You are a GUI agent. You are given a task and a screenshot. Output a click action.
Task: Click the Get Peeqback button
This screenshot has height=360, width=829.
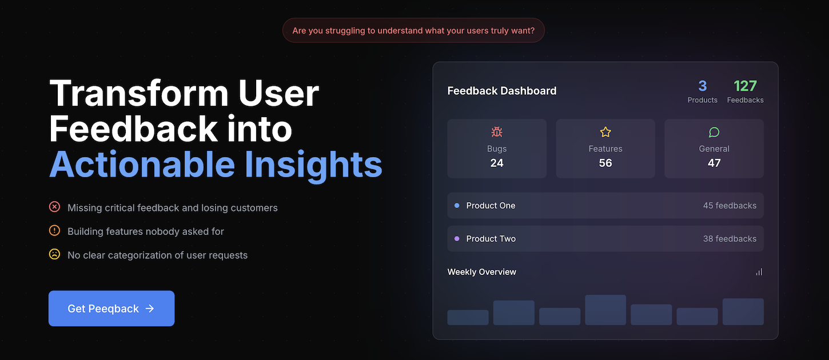[111, 309]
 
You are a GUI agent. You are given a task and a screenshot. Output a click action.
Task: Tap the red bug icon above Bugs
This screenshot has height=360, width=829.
[497, 132]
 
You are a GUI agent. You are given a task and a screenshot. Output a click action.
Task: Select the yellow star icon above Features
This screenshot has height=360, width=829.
[605, 132]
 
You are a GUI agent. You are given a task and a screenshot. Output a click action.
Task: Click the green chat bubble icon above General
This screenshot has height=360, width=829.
[714, 132]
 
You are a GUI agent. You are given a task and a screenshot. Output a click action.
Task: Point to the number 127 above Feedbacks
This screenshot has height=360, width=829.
[745, 86]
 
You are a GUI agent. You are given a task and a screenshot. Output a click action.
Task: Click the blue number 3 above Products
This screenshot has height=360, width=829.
[702, 86]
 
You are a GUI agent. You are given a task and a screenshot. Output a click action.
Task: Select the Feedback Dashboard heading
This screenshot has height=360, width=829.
[501, 91]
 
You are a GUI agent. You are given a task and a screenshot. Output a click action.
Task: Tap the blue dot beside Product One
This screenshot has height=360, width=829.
[457, 206]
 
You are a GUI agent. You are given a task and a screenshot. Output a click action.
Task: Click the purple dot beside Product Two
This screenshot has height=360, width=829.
[457, 239]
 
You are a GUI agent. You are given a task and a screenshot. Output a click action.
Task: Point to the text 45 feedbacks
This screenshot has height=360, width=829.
[730, 206]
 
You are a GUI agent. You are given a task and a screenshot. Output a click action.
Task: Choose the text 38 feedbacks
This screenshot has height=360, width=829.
[730, 239]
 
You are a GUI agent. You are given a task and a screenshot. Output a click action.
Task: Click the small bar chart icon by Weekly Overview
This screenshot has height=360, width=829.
[759, 272]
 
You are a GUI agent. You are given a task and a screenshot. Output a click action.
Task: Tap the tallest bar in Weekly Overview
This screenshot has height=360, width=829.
[605, 310]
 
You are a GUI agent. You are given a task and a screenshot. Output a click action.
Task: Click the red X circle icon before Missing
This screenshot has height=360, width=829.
[54, 207]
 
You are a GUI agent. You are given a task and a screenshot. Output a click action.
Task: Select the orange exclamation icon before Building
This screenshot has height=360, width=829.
[54, 231]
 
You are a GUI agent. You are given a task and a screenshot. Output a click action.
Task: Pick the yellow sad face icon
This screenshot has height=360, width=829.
[54, 254]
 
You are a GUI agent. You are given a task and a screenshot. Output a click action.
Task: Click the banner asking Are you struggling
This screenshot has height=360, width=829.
[413, 30]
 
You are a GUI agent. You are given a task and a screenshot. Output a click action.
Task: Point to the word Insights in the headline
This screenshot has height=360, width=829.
[313, 165]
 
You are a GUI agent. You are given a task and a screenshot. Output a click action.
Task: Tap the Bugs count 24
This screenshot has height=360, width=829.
[497, 163]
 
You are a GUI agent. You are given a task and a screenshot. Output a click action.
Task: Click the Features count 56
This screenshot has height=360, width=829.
[605, 163]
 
